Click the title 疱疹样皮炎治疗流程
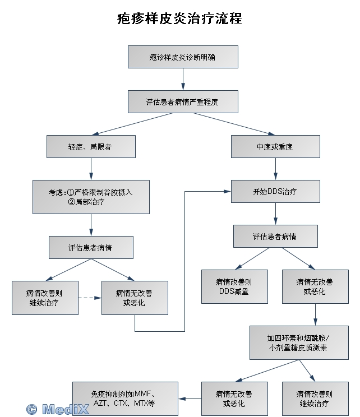coord(179,18)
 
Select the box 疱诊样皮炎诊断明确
coord(183,57)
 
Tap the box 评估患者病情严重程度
coord(183,102)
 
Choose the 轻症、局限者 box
coord(91,146)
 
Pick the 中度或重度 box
coord(275,146)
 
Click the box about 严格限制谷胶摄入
coord(91,196)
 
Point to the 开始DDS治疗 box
coord(275,191)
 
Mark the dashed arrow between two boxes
coord(90,298)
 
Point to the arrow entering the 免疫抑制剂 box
coord(190,399)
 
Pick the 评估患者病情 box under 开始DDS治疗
coord(275,236)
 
